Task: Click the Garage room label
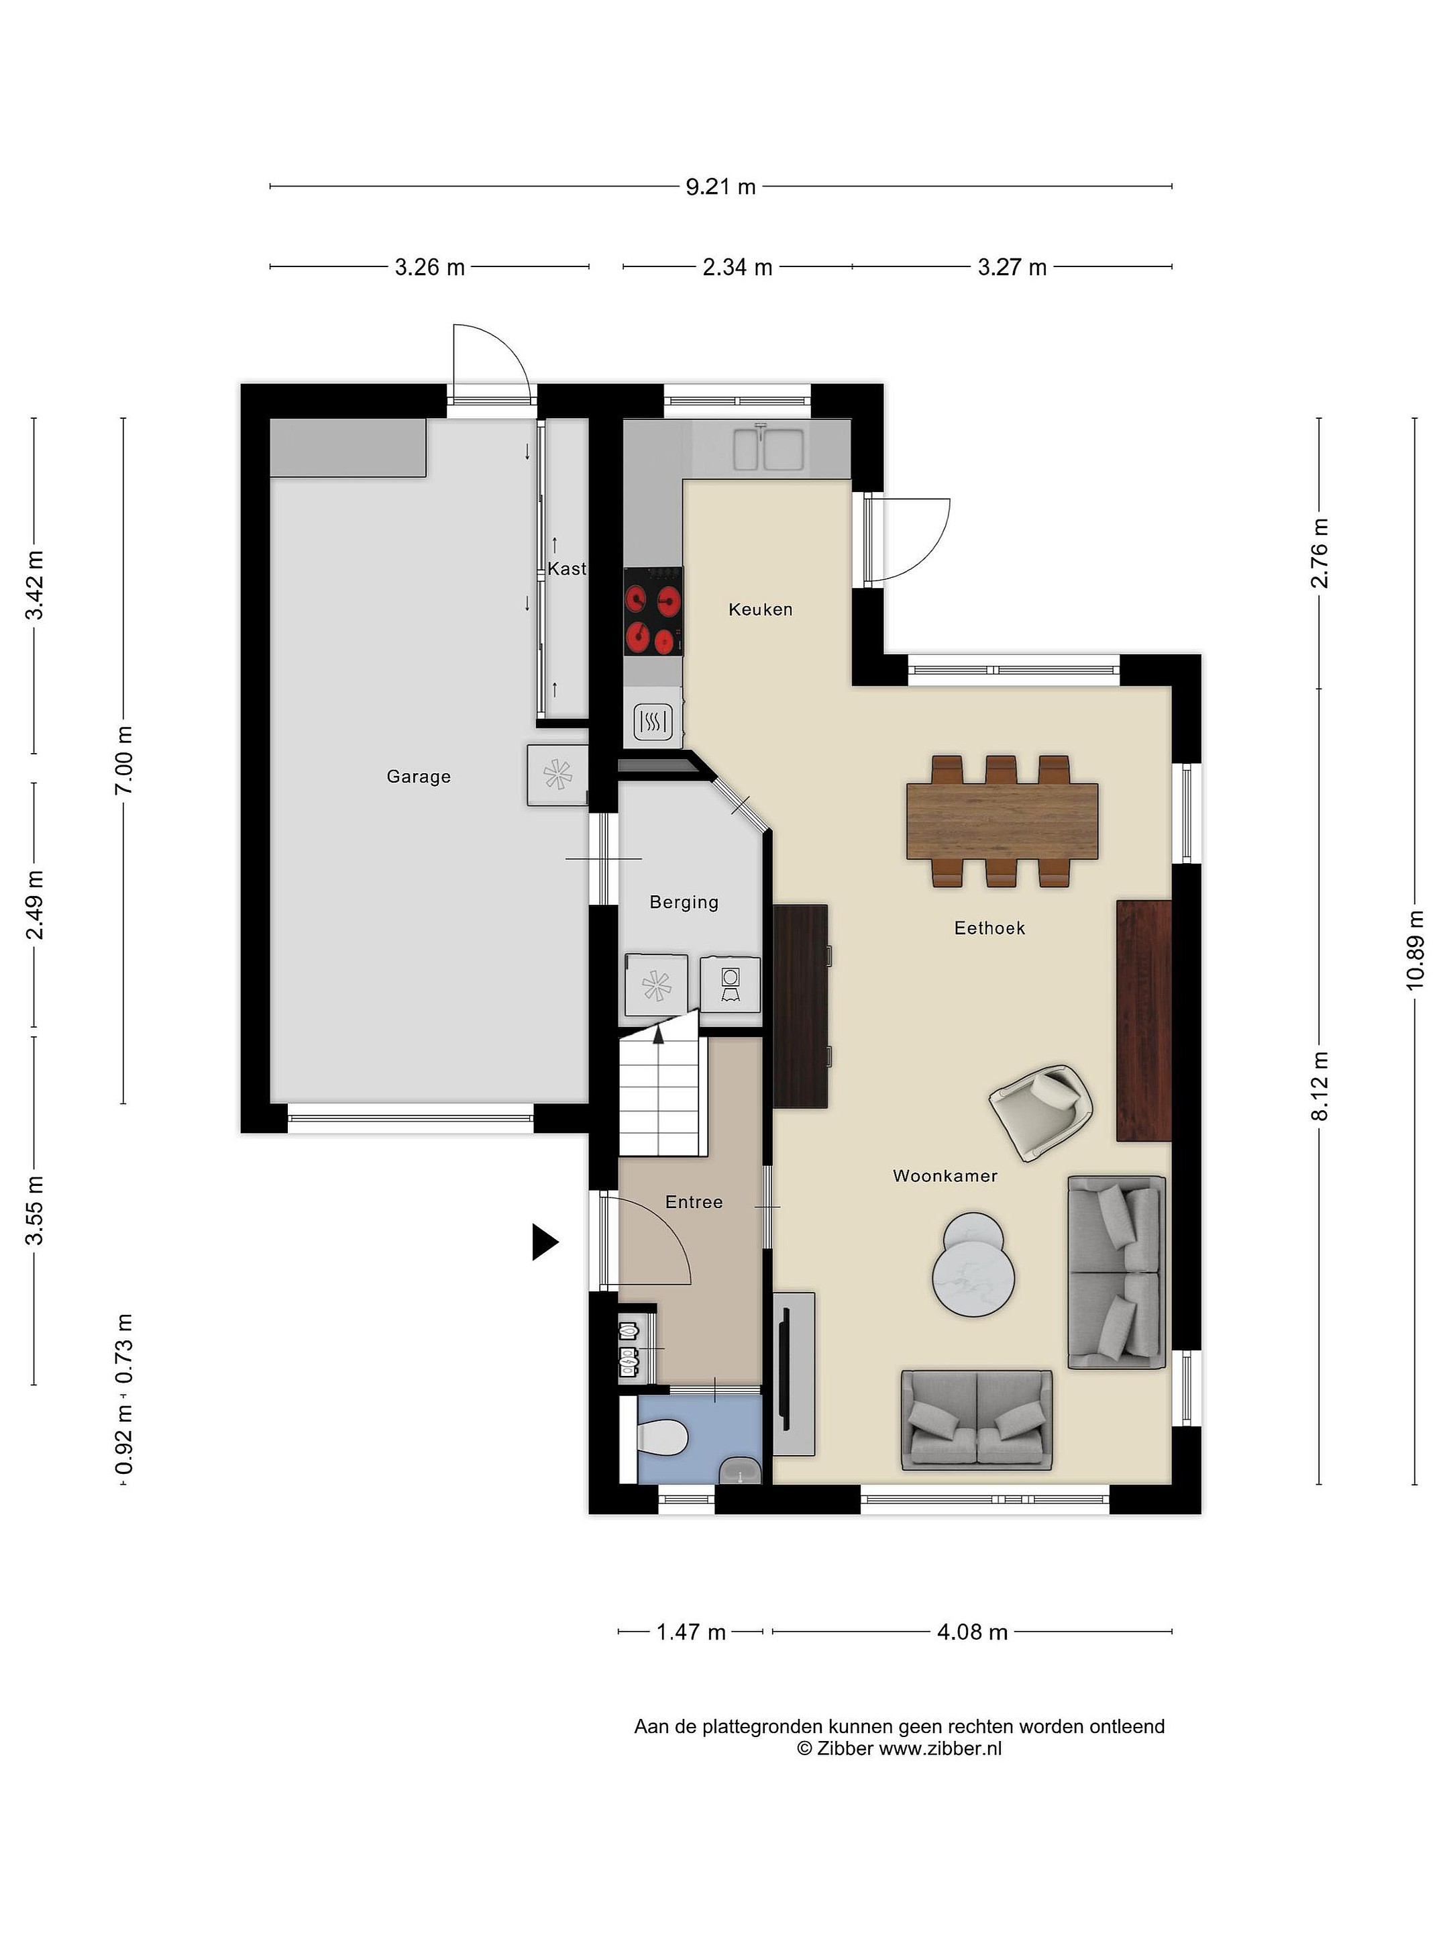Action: click(x=419, y=776)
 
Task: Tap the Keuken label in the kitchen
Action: click(x=760, y=609)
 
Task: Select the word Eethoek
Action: click(x=989, y=928)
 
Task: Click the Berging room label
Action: click(x=684, y=902)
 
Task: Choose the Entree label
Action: click(x=694, y=1203)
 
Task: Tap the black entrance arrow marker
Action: click(x=545, y=1242)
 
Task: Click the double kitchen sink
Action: click(x=767, y=448)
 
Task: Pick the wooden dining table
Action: click(x=1002, y=822)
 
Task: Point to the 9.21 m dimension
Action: click(x=720, y=186)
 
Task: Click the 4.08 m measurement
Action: click(x=972, y=1632)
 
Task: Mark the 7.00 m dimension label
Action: click(x=123, y=760)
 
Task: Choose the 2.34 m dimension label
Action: click(x=737, y=266)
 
